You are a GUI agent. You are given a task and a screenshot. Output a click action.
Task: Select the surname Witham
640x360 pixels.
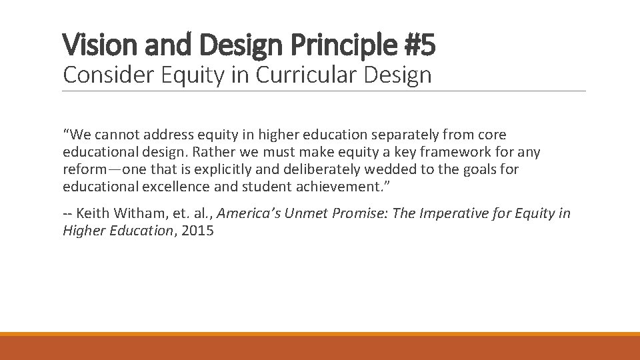(x=139, y=214)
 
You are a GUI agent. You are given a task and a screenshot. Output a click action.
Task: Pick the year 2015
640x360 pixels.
(x=197, y=231)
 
